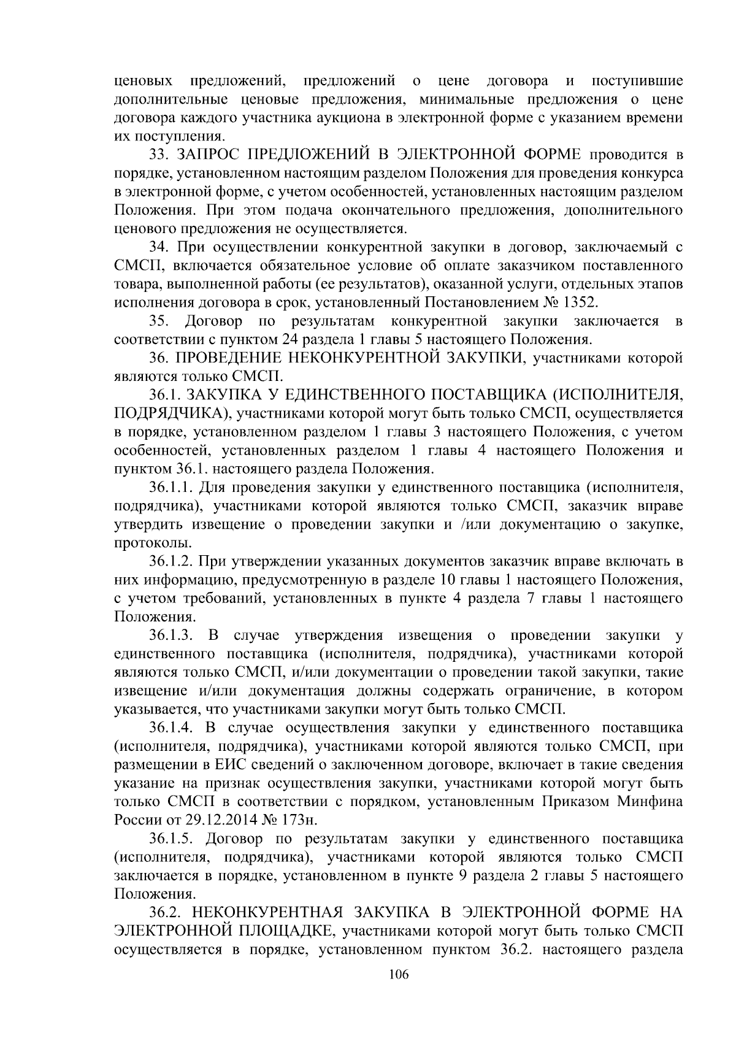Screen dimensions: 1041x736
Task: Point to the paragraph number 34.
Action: click(160, 247)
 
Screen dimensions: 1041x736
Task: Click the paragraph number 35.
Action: click(160, 321)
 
